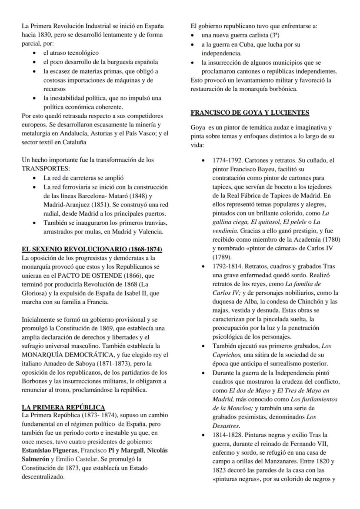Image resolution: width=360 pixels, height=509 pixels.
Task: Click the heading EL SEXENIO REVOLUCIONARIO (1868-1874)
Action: [x=92, y=250]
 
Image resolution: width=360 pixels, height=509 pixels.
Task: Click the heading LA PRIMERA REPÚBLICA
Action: [x=63, y=407]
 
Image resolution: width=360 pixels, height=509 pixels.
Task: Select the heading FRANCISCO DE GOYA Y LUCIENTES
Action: [x=250, y=113]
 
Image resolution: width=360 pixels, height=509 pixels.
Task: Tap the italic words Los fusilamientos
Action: [x=312, y=399]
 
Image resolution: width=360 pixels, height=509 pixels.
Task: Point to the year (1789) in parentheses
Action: [x=222, y=256]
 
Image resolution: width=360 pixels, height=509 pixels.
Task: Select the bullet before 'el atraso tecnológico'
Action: [x=34, y=53]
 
